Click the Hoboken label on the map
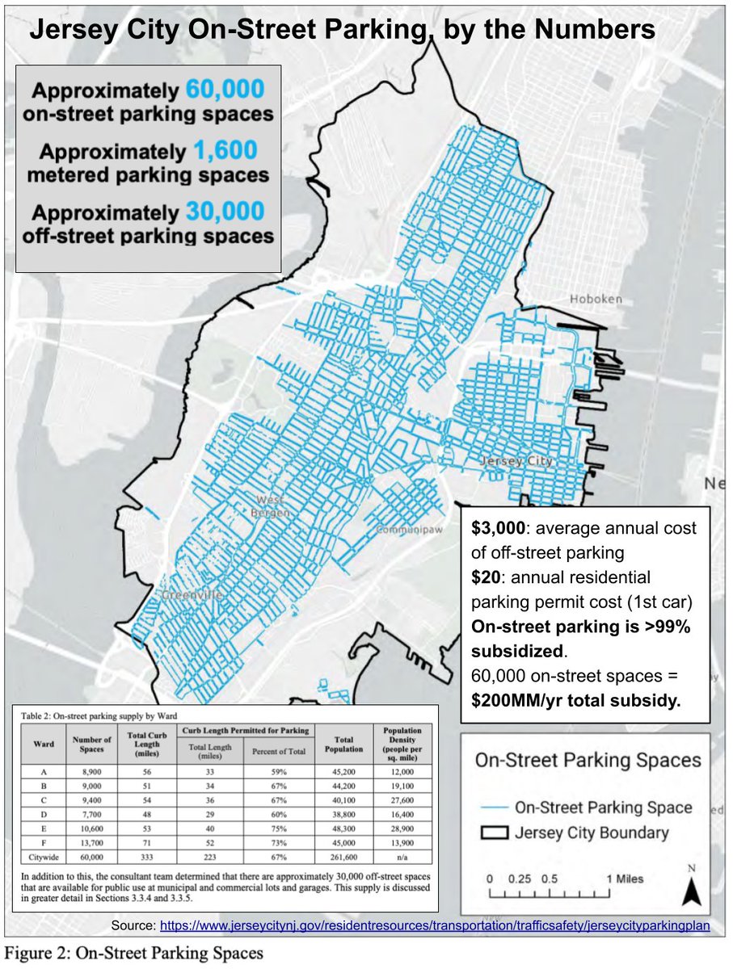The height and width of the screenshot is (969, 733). click(596, 299)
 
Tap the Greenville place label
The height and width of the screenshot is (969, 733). click(192, 595)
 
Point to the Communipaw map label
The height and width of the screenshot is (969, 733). click(407, 531)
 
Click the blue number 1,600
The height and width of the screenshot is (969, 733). click(226, 152)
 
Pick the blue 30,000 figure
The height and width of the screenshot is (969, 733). click(225, 212)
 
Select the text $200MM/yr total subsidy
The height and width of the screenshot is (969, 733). click(577, 699)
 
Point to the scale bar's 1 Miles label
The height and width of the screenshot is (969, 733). click(625, 879)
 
